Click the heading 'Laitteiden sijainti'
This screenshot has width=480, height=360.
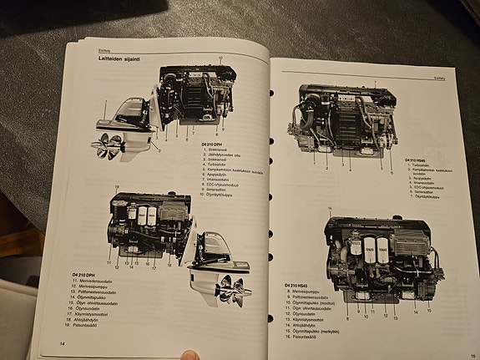tap(109, 58)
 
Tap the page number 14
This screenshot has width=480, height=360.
tap(61, 343)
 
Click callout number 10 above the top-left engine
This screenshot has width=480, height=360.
tap(220, 58)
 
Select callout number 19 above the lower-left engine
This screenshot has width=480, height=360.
tap(117, 186)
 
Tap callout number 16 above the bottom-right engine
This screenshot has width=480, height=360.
tap(331, 208)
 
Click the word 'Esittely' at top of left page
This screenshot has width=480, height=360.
tap(94, 49)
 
